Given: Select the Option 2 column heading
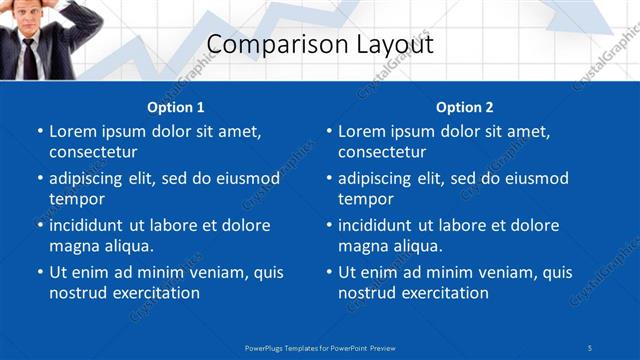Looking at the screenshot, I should tap(465, 107).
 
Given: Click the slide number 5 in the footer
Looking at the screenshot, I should tap(590, 346).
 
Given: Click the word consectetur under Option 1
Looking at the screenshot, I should tap(93, 152).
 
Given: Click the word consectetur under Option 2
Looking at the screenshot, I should tap(382, 152).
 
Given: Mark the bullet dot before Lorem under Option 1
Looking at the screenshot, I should tap(39, 131).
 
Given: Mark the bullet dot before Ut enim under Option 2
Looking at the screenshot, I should tap(328, 272).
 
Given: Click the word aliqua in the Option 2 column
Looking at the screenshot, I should tap(419, 246).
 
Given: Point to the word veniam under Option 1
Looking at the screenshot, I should tap(206, 272).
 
